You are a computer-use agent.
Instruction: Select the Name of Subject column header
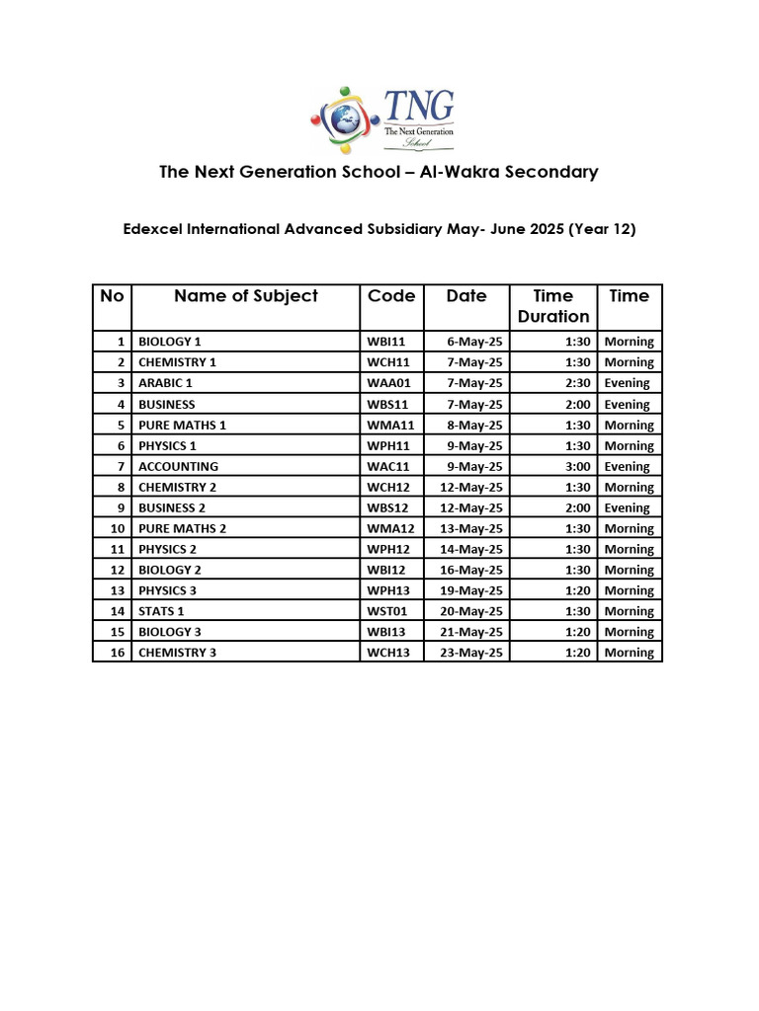tap(246, 296)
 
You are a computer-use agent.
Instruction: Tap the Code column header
tap(391, 296)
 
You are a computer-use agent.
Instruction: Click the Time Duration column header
tap(553, 306)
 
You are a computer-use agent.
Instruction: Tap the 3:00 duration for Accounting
tap(578, 466)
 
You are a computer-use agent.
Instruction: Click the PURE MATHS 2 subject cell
tap(182, 528)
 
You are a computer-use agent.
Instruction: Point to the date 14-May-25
tap(474, 549)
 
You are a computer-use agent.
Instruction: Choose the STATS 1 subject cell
tap(161, 611)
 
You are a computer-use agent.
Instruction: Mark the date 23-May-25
tap(474, 653)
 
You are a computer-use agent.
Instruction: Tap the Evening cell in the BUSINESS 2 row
tap(628, 507)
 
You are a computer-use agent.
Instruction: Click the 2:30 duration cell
tap(578, 383)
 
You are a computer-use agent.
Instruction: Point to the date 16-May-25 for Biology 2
tap(474, 570)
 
